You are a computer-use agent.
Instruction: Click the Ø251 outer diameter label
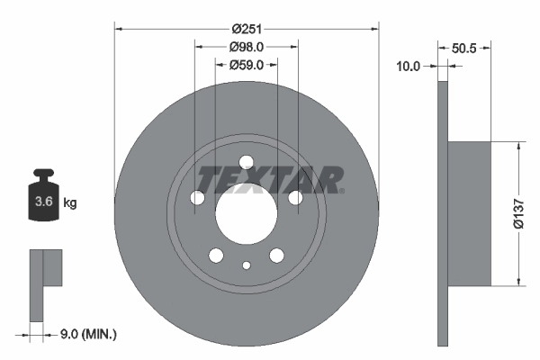tap(247, 29)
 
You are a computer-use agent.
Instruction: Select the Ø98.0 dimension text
tap(247, 47)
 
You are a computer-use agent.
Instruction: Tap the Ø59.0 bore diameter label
tap(247, 65)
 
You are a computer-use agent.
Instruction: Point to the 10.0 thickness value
tap(409, 65)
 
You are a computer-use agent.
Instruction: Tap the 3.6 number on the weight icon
tap(43, 202)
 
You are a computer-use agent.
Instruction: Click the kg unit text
tap(70, 203)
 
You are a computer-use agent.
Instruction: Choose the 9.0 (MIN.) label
tap(87, 335)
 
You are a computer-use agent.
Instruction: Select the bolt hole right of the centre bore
tap(295, 198)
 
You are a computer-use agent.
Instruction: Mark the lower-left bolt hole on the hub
tap(216, 256)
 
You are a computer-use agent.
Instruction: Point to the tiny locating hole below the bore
tap(247, 265)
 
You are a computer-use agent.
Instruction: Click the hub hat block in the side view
tap(468, 214)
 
